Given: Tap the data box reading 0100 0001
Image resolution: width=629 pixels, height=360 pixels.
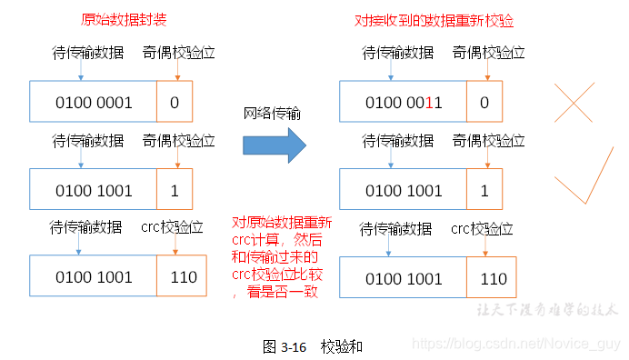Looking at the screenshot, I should click(x=94, y=102).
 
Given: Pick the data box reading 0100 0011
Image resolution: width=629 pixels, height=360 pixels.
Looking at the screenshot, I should click(x=404, y=102).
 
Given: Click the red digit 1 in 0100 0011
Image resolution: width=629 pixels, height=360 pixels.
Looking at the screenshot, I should click(x=438, y=103).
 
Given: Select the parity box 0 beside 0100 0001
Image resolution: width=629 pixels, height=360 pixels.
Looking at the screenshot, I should click(x=175, y=102).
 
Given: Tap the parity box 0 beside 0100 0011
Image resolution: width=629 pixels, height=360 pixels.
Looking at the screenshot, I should click(x=484, y=102).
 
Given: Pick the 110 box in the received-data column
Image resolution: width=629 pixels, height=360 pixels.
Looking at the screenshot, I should click(x=493, y=278).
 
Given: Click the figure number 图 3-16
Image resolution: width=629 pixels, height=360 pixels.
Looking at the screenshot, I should click(x=282, y=346).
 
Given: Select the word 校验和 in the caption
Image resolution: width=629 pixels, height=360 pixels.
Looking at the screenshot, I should click(x=342, y=346).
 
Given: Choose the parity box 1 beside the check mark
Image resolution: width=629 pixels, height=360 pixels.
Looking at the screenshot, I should click(x=484, y=190).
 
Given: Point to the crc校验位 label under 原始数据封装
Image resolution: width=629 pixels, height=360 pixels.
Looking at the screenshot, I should click(x=178, y=228).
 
